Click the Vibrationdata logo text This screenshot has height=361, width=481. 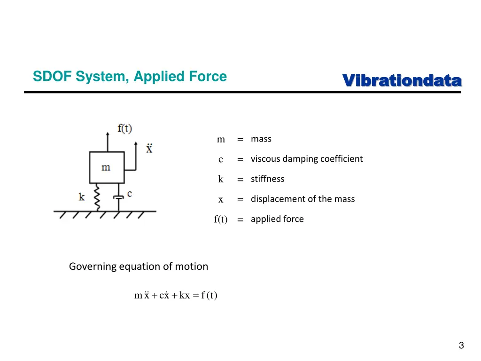[x=402, y=80]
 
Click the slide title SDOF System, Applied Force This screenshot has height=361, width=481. [x=130, y=77]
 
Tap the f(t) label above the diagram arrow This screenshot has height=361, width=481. [x=124, y=128]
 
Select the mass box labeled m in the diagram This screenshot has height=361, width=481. [x=107, y=167]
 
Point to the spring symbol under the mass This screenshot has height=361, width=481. [x=98, y=196]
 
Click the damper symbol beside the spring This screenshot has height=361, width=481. [x=119, y=197]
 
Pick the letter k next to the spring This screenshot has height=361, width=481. [x=82, y=196]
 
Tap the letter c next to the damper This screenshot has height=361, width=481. [x=129, y=193]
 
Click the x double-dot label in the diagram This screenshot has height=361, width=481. [x=149, y=149]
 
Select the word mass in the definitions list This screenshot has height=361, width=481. [x=261, y=139]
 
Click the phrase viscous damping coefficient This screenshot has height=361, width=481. [x=307, y=159]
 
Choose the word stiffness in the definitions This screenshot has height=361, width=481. [x=267, y=179]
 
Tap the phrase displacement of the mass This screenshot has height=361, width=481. [x=303, y=199]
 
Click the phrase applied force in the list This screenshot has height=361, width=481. [x=277, y=219]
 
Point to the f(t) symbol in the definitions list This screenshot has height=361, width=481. [x=221, y=220]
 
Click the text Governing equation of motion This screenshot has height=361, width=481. [x=139, y=267]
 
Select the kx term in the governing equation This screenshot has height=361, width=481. [x=185, y=296]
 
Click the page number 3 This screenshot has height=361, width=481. [x=461, y=345]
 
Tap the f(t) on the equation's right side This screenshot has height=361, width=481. [x=209, y=296]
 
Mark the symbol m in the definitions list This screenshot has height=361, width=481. [x=221, y=140]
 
